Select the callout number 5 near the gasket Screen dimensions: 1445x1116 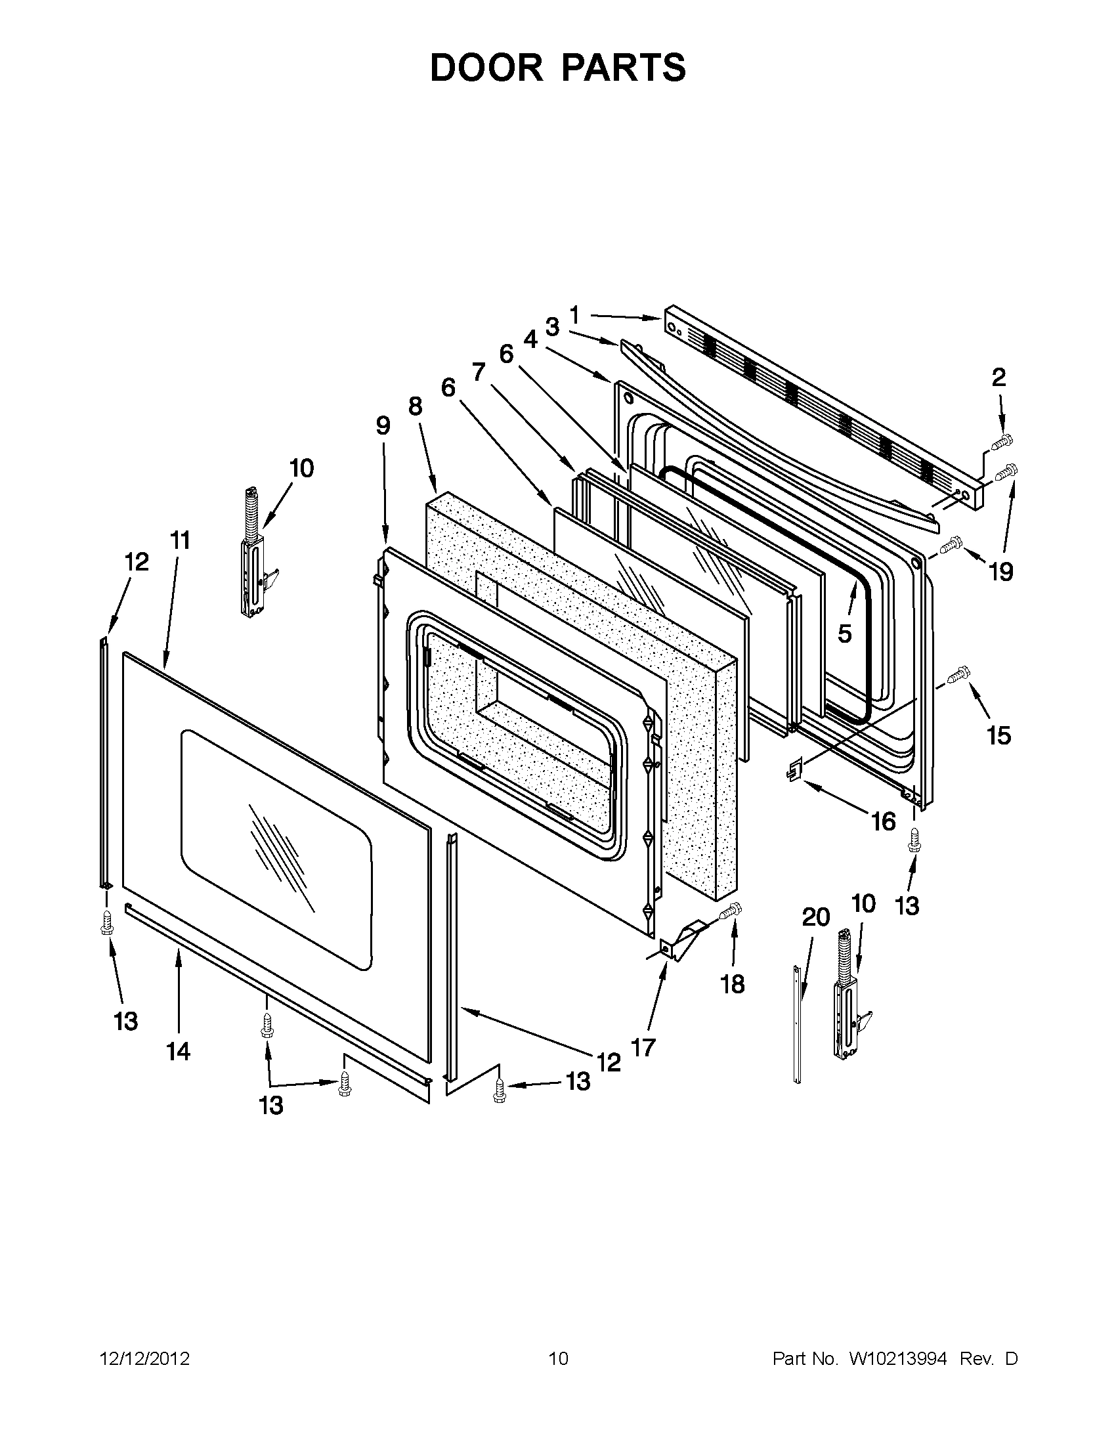[x=845, y=633]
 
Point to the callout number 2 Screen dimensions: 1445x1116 [x=998, y=377]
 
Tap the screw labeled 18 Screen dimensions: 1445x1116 [x=731, y=911]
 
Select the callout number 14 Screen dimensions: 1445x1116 [x=179, y=1050]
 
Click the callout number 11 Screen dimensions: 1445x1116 [x=180, y=540]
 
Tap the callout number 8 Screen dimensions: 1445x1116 [x=415, y=406]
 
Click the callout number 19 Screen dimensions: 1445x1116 [x=1001, y=572]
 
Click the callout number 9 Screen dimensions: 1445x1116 [x=383, y=425]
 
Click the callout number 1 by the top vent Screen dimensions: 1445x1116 [x=574, y=316]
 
